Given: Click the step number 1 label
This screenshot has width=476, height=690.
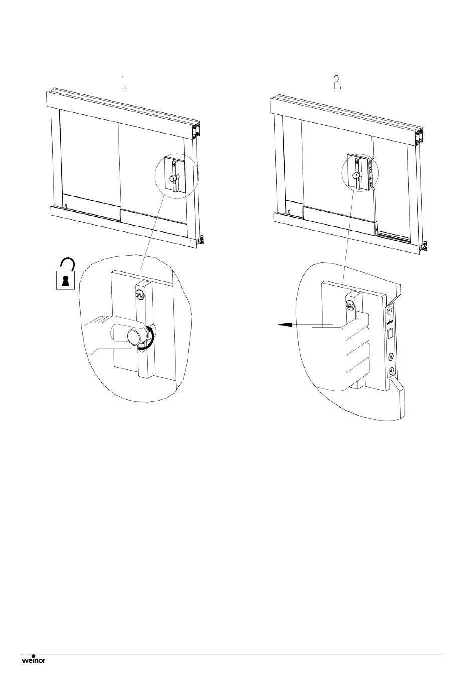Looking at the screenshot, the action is [123, 83].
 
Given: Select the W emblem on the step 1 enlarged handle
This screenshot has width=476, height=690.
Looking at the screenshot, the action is [140, 295].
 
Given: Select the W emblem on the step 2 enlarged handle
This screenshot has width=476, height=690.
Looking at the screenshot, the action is [351, 306].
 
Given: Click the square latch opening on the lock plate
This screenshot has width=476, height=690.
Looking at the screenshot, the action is [390, 334].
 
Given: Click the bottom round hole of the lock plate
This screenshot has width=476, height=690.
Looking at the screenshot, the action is [392, 370].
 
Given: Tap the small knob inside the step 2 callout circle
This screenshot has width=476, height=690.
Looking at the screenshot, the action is [355, 175].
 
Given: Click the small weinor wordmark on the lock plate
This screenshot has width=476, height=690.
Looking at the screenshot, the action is [389, 322].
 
